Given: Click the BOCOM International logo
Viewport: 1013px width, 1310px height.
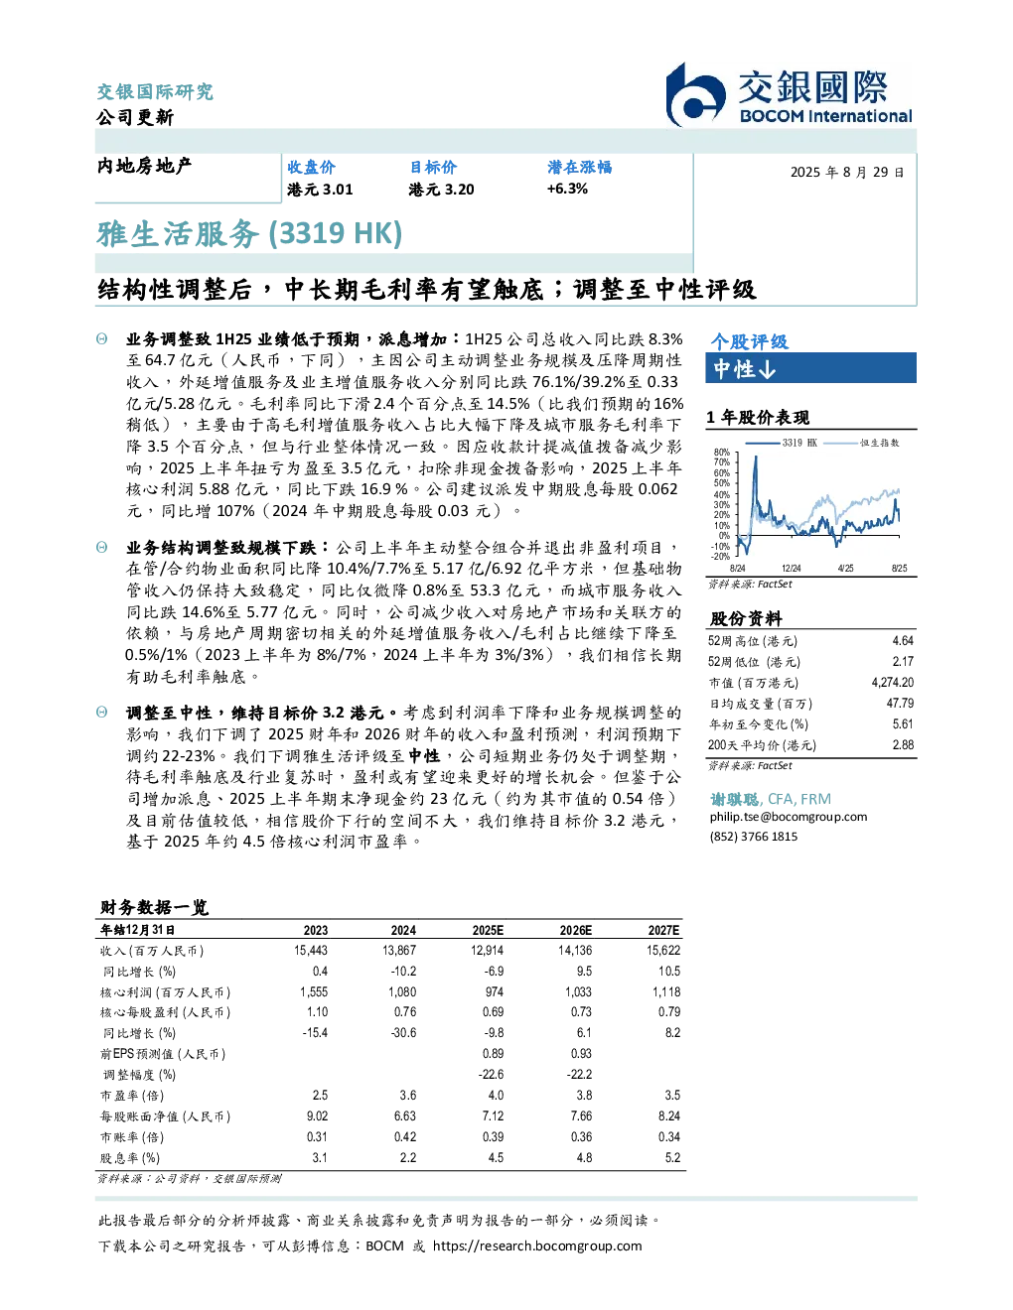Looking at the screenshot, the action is [788, 95].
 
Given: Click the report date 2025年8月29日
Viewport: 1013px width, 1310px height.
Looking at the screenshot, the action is [847, 173].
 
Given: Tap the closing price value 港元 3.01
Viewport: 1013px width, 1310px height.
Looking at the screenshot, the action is [320, 190].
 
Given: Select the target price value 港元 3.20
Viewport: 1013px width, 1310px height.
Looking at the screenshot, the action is [441, 190].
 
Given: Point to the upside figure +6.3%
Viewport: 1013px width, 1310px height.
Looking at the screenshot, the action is [566, 189].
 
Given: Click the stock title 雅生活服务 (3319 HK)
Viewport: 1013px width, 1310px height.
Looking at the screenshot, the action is [249, 234].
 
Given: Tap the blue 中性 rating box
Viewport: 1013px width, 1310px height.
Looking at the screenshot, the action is [810, 368].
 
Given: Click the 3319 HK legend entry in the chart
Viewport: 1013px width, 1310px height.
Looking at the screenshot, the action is [782, 443].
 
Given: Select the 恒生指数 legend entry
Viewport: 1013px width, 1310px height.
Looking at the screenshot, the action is [862, 443].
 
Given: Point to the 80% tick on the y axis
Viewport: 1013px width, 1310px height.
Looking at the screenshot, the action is [721, 453].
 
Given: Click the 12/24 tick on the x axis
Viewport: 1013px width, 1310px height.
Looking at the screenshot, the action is [791, 569].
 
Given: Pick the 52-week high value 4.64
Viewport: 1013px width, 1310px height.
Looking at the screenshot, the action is [903, 641].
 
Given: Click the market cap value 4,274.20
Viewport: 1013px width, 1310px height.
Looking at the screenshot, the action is [892, 683].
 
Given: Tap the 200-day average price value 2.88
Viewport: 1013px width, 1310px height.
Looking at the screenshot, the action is [903, 745].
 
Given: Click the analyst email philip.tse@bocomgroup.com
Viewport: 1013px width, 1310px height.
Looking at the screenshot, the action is [788, 818].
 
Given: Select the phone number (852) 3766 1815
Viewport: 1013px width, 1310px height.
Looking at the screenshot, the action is [754, 837].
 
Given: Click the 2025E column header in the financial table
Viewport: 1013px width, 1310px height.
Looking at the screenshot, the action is [488, 930].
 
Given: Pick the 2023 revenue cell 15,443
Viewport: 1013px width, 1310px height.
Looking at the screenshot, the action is [311, 951].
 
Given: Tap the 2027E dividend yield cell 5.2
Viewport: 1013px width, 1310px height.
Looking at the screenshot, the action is [672, 1158].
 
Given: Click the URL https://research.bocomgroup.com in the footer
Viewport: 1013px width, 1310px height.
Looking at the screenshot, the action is [537, 1246].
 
